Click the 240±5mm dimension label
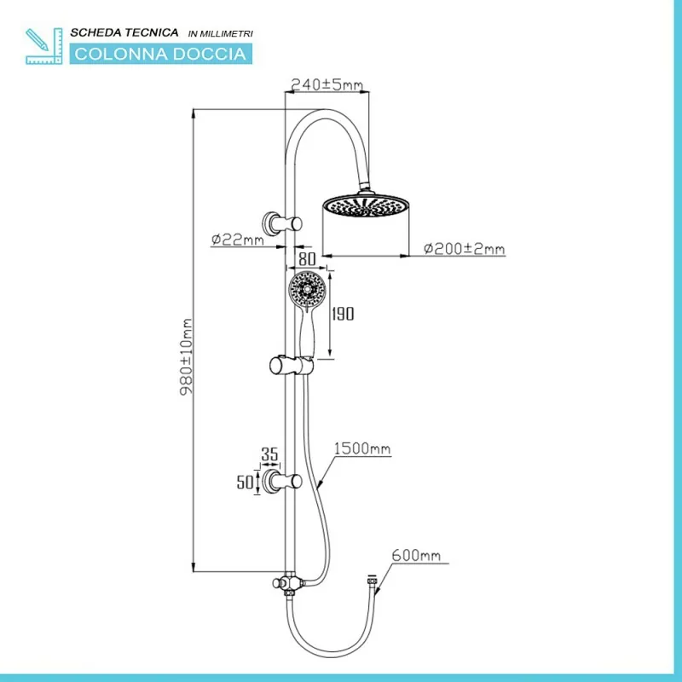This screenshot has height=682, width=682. coord(327,84)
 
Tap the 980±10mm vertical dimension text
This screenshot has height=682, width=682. coord(186,356)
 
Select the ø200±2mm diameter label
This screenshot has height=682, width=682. coord(464,249)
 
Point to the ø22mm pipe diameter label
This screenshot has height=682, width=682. coord(238,240)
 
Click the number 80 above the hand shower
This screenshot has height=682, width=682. coord(307,259)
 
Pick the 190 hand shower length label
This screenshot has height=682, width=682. coord(343,314)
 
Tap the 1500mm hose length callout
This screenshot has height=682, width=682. coord(362,448)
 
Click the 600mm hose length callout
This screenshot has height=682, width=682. coord(416,556)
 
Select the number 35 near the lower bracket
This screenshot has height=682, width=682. coord(269,454)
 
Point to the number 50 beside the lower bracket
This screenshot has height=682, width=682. coord(245,482)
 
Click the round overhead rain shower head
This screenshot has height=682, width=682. coord(366,205)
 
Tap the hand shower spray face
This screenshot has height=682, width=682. coord(307,288)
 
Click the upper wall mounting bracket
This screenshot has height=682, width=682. coord(282,223)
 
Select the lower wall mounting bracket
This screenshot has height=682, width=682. coord(282,482)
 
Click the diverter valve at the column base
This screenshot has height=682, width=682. coord(287,584)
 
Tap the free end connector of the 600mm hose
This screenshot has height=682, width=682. coord(372,580)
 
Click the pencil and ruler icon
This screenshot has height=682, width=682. coord(44,46)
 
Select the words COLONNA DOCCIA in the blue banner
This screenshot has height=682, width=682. coord(160,54)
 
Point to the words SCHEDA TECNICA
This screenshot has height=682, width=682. coord(124,32)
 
